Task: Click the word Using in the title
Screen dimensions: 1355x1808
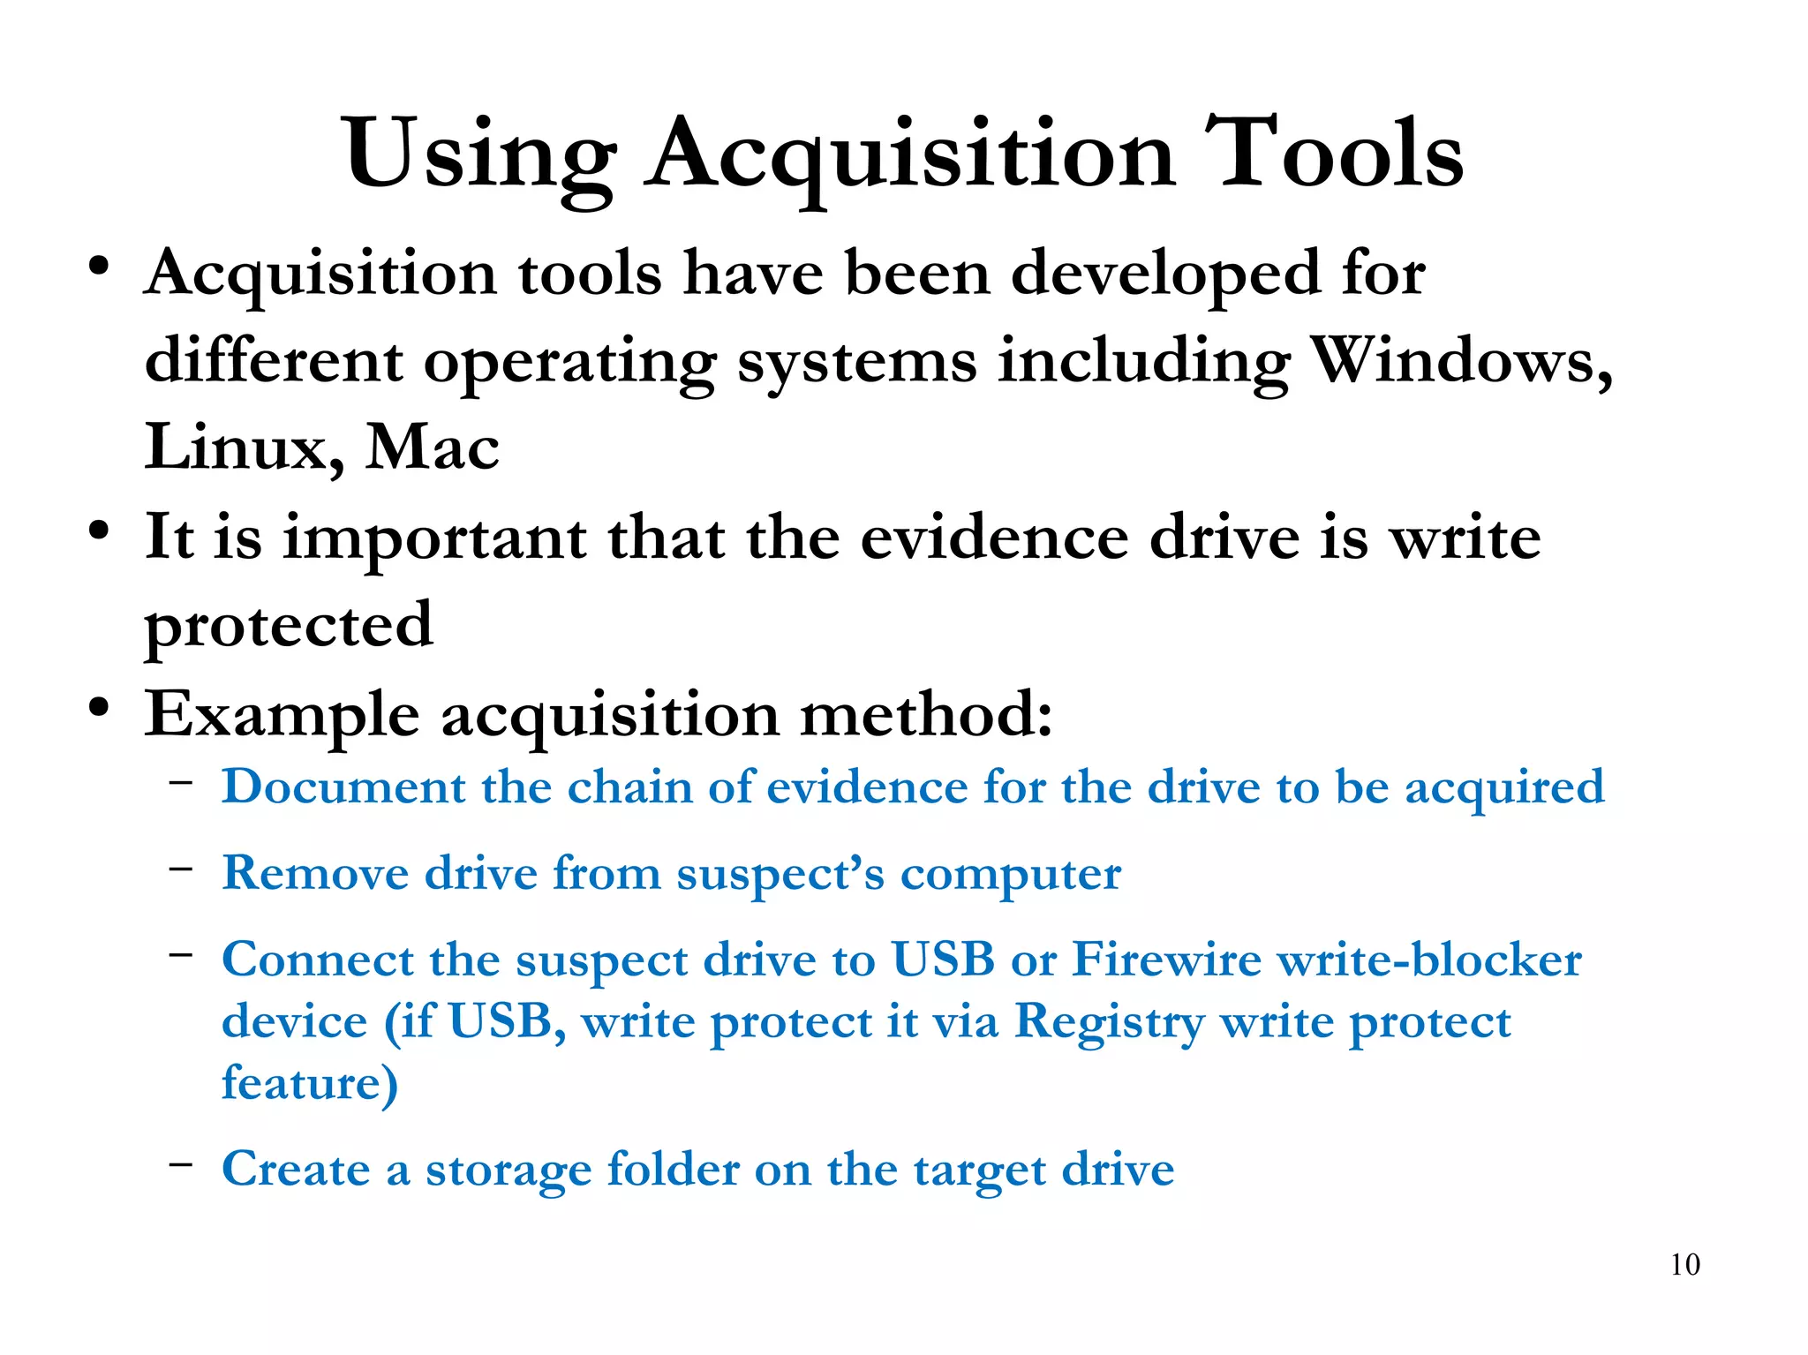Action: coord(479,154)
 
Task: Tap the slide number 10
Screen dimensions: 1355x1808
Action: coord(1684,1264)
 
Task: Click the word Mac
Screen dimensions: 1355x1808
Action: coord(433,448)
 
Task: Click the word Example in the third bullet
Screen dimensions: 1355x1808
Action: coord(282,715)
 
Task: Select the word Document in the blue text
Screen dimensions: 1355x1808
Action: coord(343,787)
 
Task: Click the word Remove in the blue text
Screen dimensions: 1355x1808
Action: coord(315,873)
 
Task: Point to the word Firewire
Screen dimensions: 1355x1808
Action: coord(1166,960)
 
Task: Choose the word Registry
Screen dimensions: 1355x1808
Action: coord(1109,1022)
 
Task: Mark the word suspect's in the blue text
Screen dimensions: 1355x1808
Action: coord(780,875)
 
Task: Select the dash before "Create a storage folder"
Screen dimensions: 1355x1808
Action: coord(181,1164)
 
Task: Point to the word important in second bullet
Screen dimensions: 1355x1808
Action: coord(434,538)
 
